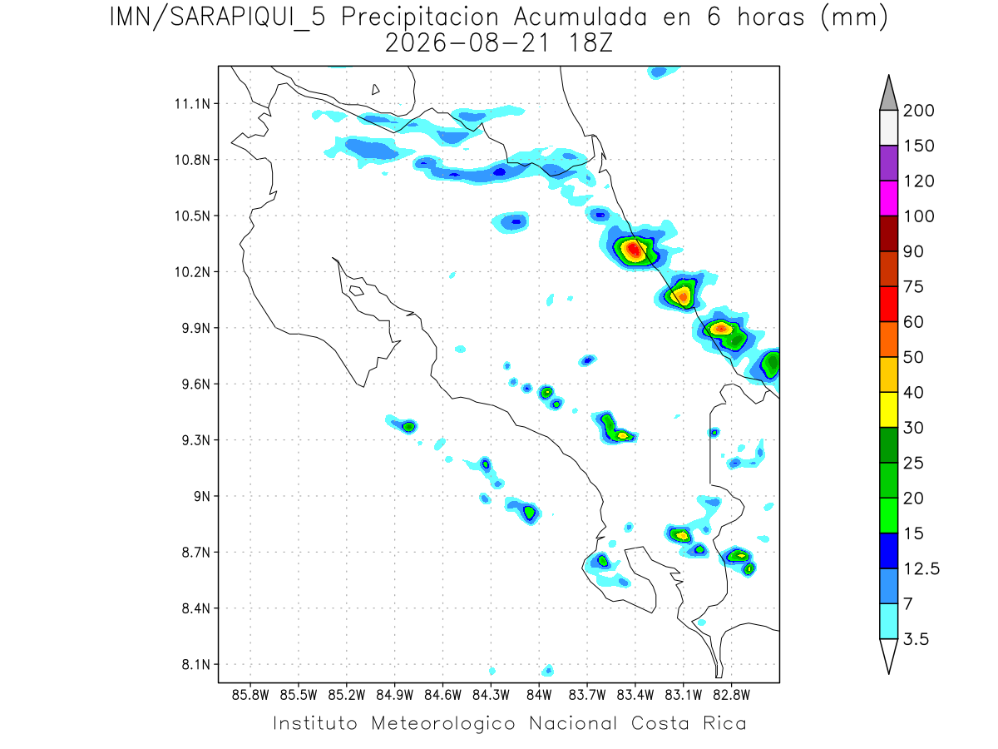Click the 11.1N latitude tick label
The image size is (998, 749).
coord(192,104)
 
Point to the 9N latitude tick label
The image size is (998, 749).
coord(202,496)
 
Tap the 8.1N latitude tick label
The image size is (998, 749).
coord(196,664)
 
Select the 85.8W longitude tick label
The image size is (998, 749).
coord(250,696)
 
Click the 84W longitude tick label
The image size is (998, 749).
coord(539,696)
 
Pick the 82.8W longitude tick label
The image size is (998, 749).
coord(731,696)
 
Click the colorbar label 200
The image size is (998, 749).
coord(918,111)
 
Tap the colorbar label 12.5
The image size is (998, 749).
coord(921,568)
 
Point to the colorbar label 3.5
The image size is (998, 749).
coord(916,639)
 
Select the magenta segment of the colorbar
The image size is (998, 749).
coord(888,198)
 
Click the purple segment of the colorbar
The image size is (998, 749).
coord(888,163)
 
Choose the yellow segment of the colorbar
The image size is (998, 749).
coord(888,409)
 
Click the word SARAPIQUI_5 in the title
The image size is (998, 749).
coord(248,18)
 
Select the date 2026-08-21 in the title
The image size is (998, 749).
coord(467,43)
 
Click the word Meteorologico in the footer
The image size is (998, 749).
coord(442,723)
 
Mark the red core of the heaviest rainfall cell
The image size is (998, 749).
coord(634,249)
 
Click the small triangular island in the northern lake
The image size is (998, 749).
coord(375,90)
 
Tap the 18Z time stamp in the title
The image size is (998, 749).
coord(590,43)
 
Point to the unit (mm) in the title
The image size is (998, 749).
coord(854,18)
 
